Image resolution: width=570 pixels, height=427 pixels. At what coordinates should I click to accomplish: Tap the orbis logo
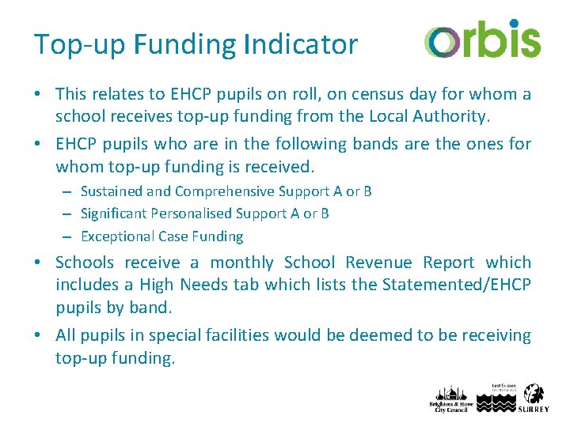point(481,40)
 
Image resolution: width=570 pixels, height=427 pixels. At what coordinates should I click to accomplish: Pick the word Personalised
point(194,213)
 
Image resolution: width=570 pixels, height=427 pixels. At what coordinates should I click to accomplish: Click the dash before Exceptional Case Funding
point(69,236)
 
